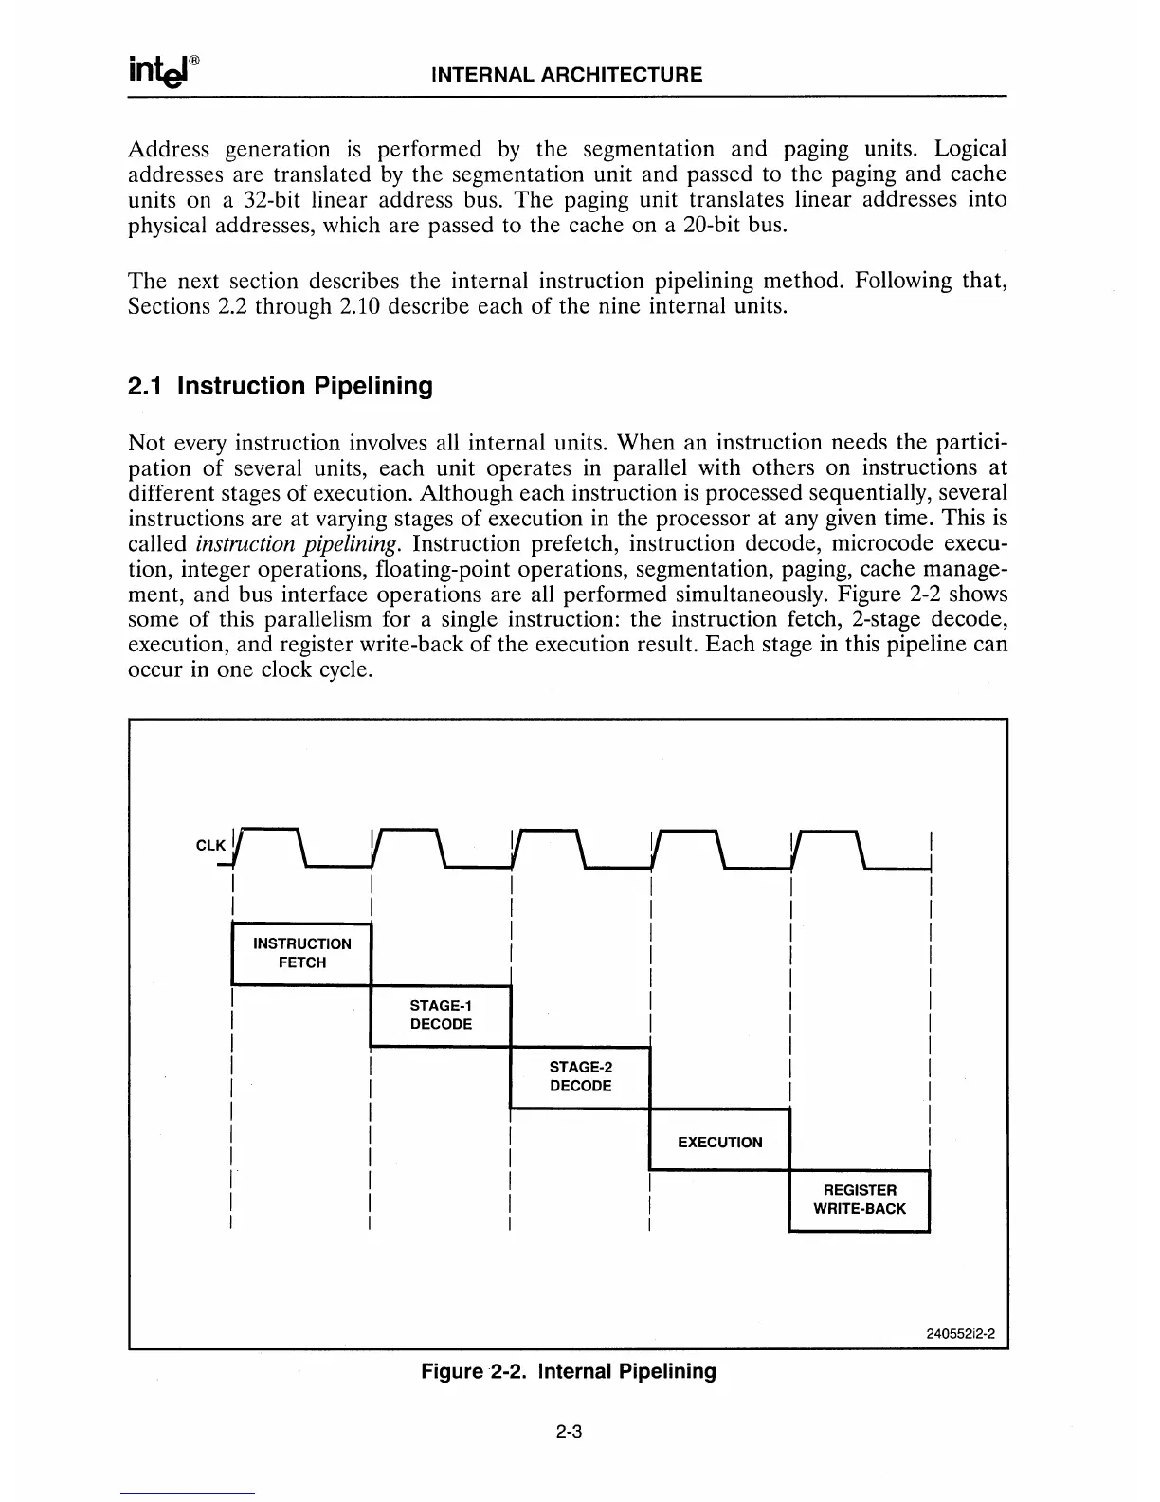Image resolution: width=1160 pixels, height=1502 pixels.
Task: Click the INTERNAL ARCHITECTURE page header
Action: point(567,75)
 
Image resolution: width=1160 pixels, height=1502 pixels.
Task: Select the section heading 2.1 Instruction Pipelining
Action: point(281,387)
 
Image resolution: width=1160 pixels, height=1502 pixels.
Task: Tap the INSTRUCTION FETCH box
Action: point(301,953)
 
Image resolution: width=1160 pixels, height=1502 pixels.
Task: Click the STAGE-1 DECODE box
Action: point(441,1015)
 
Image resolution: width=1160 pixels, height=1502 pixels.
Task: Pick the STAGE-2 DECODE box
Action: point(580,1076)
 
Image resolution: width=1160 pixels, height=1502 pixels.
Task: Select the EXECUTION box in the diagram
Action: point(719,1142)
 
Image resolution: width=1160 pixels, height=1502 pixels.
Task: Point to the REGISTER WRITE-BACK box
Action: point(860,1200)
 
